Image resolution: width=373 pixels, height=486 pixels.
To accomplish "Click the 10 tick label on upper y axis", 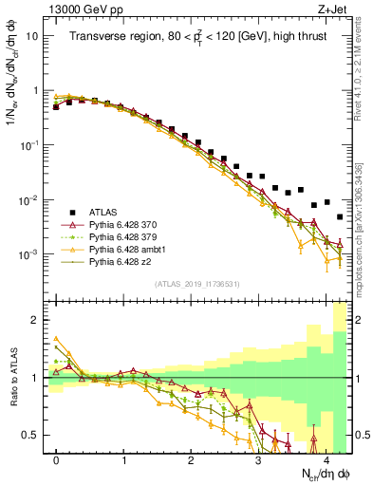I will pos(32,35).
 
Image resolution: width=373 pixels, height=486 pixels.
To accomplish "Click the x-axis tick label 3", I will pos(258,459).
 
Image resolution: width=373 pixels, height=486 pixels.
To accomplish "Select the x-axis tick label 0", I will pos(56,459).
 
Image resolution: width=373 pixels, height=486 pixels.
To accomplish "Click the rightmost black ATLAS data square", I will pos(340,217).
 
